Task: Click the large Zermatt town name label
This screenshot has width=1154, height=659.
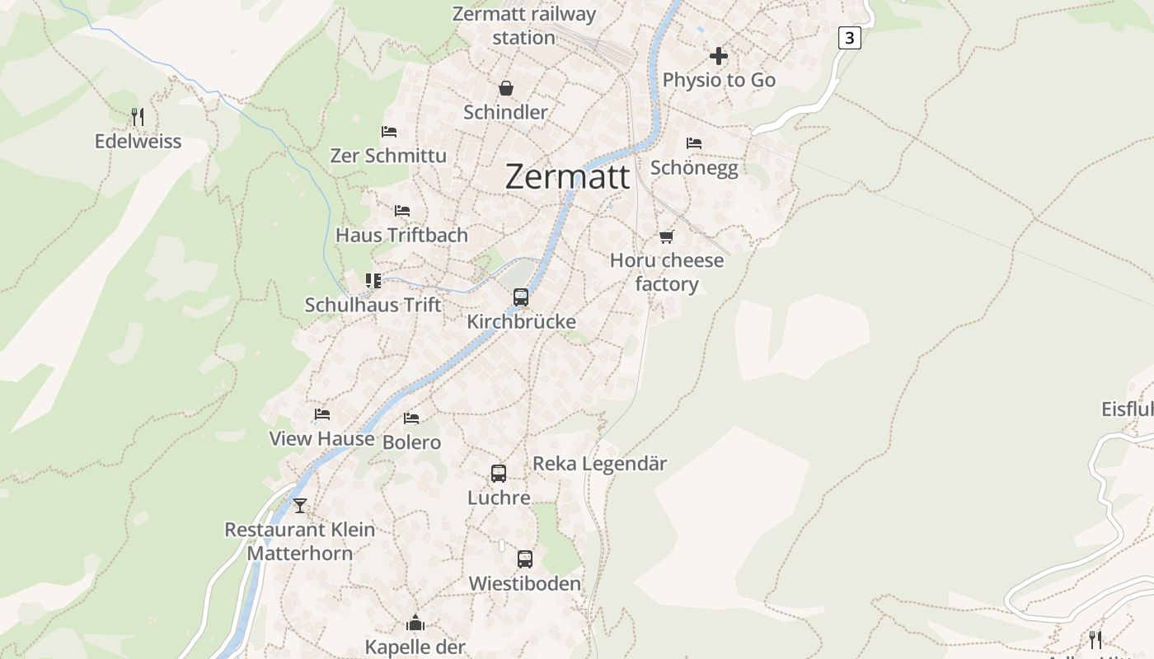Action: click(x=567, y=177)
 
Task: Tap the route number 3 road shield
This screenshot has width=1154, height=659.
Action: click(x=850, y=38)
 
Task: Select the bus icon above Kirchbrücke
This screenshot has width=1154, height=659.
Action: click(x=521, y=297)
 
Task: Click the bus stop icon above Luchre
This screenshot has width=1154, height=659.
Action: click(x=499, y=474)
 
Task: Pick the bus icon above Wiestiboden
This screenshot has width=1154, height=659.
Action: click(x=525, y=559)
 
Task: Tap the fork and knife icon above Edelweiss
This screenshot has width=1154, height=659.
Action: click(x=138, y=117)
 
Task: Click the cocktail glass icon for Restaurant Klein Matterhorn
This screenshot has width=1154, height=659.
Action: click(x=300, y=505)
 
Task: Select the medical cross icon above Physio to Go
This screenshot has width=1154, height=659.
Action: click(x=719, y=56)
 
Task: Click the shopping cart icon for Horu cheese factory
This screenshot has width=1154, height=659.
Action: click(x=666, y=237)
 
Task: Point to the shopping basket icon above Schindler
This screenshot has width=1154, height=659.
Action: click(x=505, y=88)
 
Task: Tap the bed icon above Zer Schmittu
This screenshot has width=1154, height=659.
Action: click(x=389, y=132)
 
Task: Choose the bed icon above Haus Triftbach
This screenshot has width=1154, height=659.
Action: click(x=402, y=211)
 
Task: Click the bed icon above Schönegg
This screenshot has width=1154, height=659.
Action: click(x=694, y=143)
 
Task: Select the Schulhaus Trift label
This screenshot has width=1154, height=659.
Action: click(x=373, y=305)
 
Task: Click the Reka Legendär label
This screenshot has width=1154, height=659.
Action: click(x=599, y=464)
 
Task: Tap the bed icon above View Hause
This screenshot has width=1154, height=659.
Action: click(x=322, y=414)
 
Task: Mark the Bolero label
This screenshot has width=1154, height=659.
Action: click(x=411, y=442)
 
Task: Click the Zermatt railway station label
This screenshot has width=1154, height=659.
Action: click(x=524, y=26)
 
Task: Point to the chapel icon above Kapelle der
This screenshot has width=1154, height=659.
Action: click(x=415, y=623)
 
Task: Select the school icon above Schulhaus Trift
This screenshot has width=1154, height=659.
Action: click(x=373, y=281)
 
